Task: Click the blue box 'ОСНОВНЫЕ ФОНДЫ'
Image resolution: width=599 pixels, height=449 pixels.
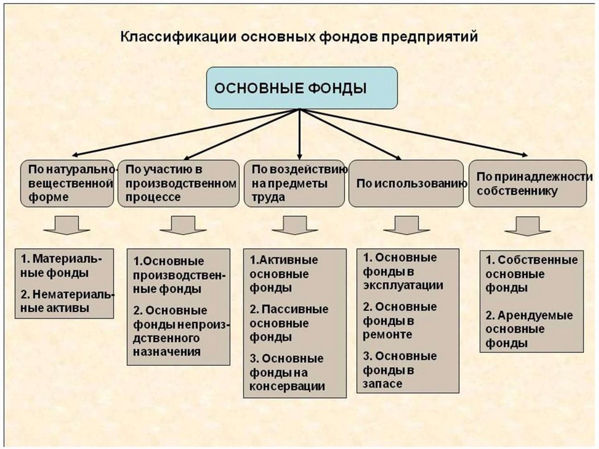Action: click(x=301, y=88)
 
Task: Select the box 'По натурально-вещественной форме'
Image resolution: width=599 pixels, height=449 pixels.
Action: click(x=68, y=183)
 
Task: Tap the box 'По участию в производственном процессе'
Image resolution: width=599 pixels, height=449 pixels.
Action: click(x=178, y=183)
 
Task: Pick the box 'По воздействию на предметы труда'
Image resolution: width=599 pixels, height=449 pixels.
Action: click(x=294, y=183)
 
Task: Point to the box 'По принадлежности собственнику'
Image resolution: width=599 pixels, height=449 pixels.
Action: click(x=528, y=183)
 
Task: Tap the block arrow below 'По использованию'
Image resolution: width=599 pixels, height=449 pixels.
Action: click(x=407, y=225)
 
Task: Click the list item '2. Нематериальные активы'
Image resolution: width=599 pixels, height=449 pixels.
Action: click(x=64, y=301)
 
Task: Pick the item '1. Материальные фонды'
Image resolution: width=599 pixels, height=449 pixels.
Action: click(x=61, y=265)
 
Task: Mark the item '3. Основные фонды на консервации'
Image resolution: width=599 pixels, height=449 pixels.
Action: click(x=287, y=372)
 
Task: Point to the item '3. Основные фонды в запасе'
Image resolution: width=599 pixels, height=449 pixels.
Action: click(x=400, y=370)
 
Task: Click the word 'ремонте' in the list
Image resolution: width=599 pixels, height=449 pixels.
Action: click(x=387, y=335)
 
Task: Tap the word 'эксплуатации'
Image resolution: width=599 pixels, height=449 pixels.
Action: click(x=403, y=286)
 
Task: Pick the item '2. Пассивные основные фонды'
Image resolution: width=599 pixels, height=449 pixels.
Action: click(x=289, y=323)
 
